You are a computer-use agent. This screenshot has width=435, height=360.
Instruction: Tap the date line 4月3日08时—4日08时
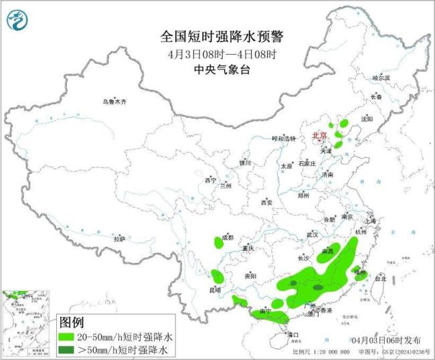(217, 54)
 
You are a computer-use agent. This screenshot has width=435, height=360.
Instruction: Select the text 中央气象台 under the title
(217, 69)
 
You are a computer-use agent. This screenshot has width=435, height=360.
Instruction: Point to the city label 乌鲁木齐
(114, 102)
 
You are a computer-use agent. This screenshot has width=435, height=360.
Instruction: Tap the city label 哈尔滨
(381, 78)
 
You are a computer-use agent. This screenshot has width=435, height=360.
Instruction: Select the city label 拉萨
(119, 239)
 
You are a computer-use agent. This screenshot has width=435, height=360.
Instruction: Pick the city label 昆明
(214, 290)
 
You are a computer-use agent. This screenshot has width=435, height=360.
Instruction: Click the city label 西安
(267, 202)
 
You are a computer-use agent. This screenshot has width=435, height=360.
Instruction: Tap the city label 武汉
(313, 235)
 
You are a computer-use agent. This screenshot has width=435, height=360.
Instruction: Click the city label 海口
(292, 334)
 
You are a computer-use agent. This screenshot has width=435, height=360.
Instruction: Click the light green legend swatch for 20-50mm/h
(66, 337)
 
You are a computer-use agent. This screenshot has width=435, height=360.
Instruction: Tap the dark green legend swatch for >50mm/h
(66, 350)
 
